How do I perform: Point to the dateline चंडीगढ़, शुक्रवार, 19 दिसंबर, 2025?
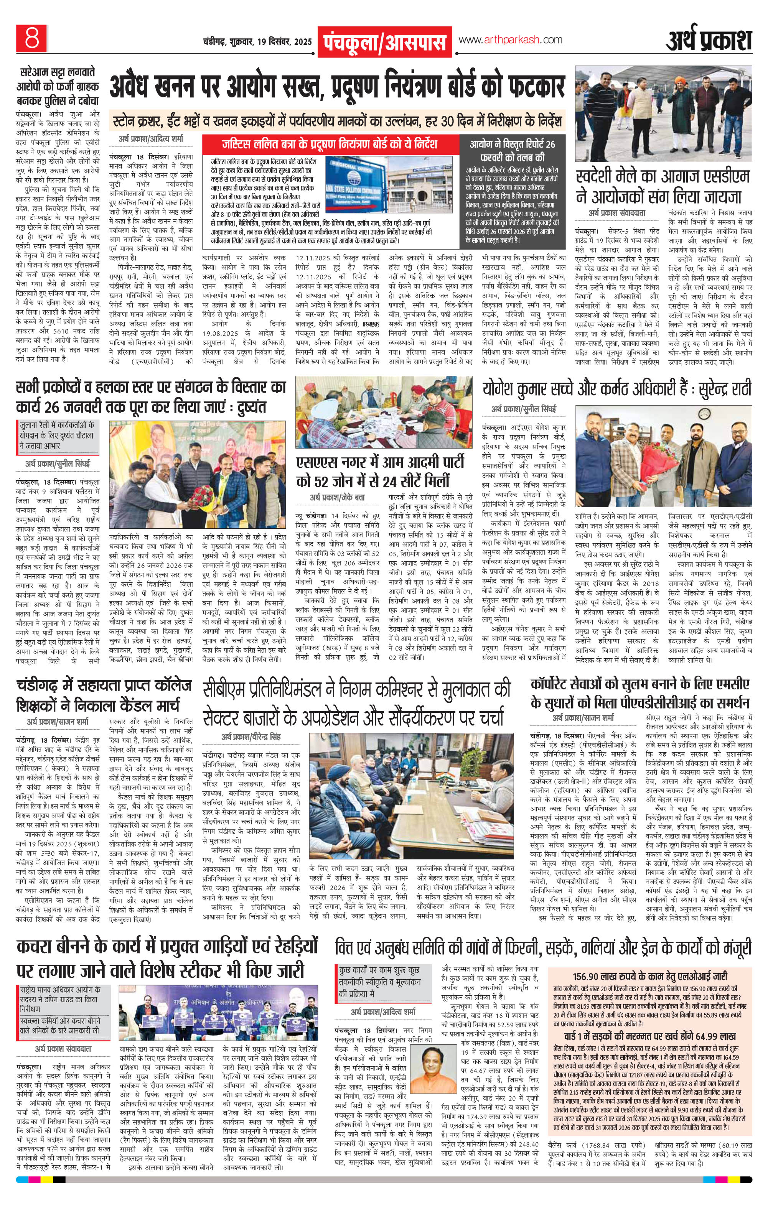tap(257, 42)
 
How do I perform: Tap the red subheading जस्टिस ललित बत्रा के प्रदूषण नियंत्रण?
tap(330, 145)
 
